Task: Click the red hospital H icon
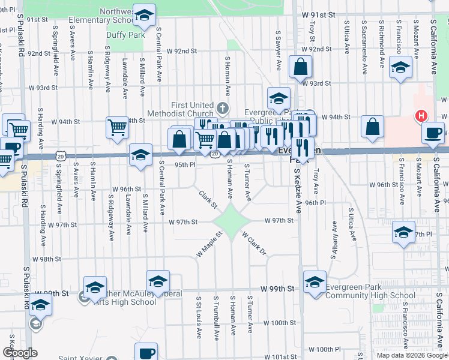pos(422,116)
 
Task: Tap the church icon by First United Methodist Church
pos(223,109)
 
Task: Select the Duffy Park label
pos(125,35)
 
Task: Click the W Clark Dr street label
pos(255,244)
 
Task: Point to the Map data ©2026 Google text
pos(412,355)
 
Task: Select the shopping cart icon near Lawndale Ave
pos(117,127)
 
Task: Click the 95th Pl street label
pos(185,164)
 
